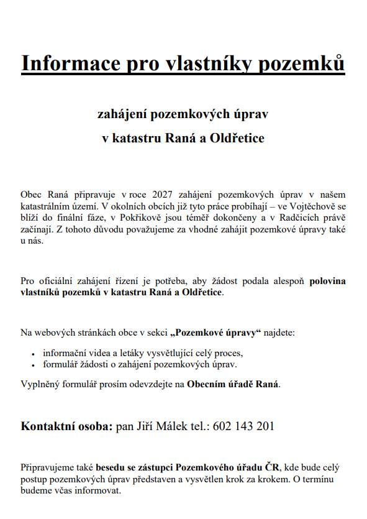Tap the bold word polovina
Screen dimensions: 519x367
click(327, 281)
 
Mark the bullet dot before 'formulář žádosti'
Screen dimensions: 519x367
click(32, 365)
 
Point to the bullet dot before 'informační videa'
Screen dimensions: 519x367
click(32, 354)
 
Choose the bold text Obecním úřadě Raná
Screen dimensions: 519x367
click(233, 384)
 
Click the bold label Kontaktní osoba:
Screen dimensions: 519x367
click(67, 427)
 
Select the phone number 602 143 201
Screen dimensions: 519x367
click(243, 427)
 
